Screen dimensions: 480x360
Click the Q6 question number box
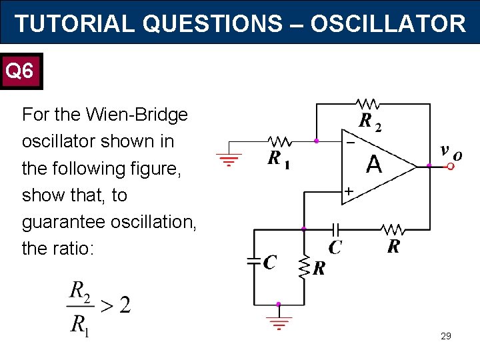pyautogui.click(x=22, y=71)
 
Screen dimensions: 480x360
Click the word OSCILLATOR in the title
pyautogui.click(x=387, y=24)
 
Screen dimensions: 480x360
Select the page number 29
pyautogui.click(x=446, y=336)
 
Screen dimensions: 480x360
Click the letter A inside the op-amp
pyautogui.click(x=374, y=164)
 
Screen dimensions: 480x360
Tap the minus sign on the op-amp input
pyautogui.click(x=349, y=141)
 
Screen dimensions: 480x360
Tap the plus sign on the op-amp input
pyautogui.click(x=349, y=192)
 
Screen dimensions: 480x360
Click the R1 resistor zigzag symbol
pyautogui.click(x=279, y=141)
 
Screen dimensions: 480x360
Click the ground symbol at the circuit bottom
pyautogui.click(x=279, y=323)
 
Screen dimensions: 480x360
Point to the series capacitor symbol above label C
pyautogui.click(x=335, y=229)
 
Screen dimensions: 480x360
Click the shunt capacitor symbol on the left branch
pyautogui.click(x=254, y=262)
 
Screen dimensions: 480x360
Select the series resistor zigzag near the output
pyautogui.click(x=392, y=229)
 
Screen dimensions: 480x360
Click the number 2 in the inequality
pyautogui.click(x=123, y=305)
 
